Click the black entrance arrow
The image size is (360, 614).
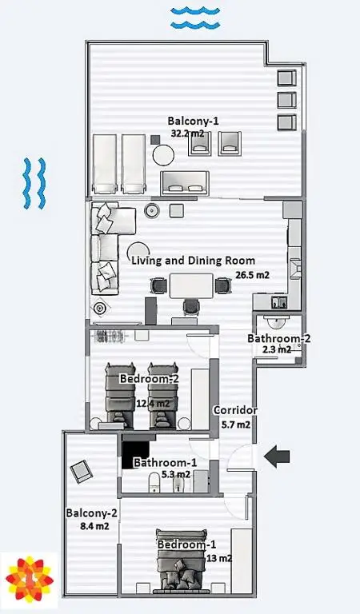pyautogui.click(x=277, y=457)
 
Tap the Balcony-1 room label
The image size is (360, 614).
pyautogui.click(x=193, y=121)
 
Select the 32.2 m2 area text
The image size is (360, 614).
pyautogui.click(x=188, y=134)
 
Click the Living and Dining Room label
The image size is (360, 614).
pyautogui.click(x=193, y=261)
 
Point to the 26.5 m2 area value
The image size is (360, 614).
pyautogui.click(x=252, y=275)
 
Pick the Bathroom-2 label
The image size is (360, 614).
pyautogui.click(x=279, y=338)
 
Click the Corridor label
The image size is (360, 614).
pyautogui.click(x=235, y=410)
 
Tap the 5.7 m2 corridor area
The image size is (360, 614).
pyautogui.click(x=236, y=425)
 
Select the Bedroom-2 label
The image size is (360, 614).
pyautogui.click(x=150, y=379)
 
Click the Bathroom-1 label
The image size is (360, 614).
pyautogui.click(x=165, y=462)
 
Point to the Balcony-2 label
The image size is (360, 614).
pyautogui.click(x=91, y=513)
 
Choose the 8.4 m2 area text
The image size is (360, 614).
pyautogui.click(x=94, y=526)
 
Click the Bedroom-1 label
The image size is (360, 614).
pyautogui.click(x=186, y=544)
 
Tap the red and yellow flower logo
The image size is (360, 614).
pyautogui.click(x=30, y=579)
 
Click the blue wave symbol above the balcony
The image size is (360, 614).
pyautogui.click(x=195, y=18)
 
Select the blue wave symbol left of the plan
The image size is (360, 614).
pyautogui.click(x=34, y=183)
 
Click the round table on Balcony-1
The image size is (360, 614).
pyautogui.click(x=163, y=155)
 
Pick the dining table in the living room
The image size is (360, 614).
pyautogui.click(x=191, y=286)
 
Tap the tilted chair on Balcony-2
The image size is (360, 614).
pyautogui.click(x=82, y=471)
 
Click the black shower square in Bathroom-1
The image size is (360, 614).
pyautogui.click(x=135, y=455)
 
